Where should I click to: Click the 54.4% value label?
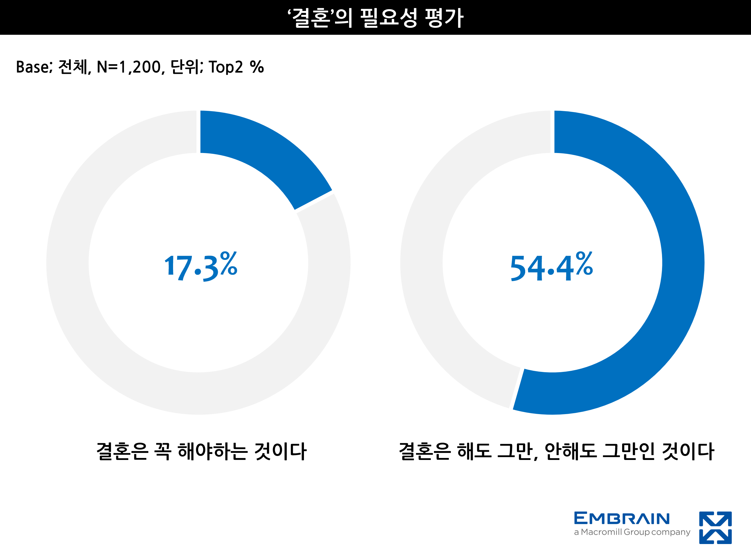pyautogui.click(x=551, y=267)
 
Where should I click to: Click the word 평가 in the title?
pyautogui.click(x=444, y=18)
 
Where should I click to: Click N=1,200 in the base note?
pyautogui.click(x=131, y=67)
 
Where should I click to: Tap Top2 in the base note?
pyautogui.click(x=226, y=67)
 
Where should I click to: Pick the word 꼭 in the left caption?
pyautogui.click(x=163, y=451)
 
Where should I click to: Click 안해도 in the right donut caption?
pyautogui.click(x=571, y=451)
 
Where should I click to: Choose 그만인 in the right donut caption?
pyautogui.click(x=629, y=451)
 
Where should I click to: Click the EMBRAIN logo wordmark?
pyautogui.click(x=622, y=518)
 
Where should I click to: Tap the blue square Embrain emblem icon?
pyautogui.click(x=715, y=527)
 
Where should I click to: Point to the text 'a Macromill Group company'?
pyautogui.click(x=632, y=532)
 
